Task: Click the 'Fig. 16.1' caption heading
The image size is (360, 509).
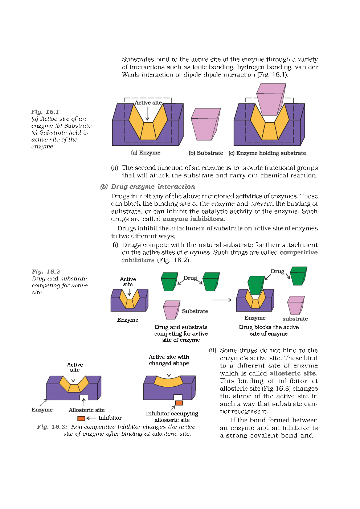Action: click(x=45, y=112)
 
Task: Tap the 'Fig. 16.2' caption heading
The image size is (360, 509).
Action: click(x=46, y=271)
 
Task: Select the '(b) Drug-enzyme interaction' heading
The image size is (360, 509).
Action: click(x=147, y=186)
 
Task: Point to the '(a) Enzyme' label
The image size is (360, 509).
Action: click(x=146, y=153)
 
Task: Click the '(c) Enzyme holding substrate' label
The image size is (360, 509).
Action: click(x=267, y=153)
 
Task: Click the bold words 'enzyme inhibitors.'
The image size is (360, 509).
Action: click(x=193, y=219)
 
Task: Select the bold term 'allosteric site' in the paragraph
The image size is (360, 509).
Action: click(x=293, y=373)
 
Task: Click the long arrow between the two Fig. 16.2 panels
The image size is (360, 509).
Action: click(x=221, y=300)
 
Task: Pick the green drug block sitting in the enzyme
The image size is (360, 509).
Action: click(x=256, y=285)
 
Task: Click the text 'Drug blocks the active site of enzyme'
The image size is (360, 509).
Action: click(x=269, y=330)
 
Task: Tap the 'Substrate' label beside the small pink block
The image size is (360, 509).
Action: click(x=195, y=311)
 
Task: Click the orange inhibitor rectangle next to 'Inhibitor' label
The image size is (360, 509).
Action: click(x=81, y=418)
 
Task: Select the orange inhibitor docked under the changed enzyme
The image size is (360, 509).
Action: click(x=179, y=403)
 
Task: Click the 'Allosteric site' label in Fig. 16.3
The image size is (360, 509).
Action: click(x=86, y=410)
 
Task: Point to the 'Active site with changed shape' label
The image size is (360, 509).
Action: click(x=169, y=360)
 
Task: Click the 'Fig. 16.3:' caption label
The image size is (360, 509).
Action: click(x=52, y=427)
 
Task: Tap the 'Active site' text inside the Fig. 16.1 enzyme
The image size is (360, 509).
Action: click(x=148, y=103)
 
